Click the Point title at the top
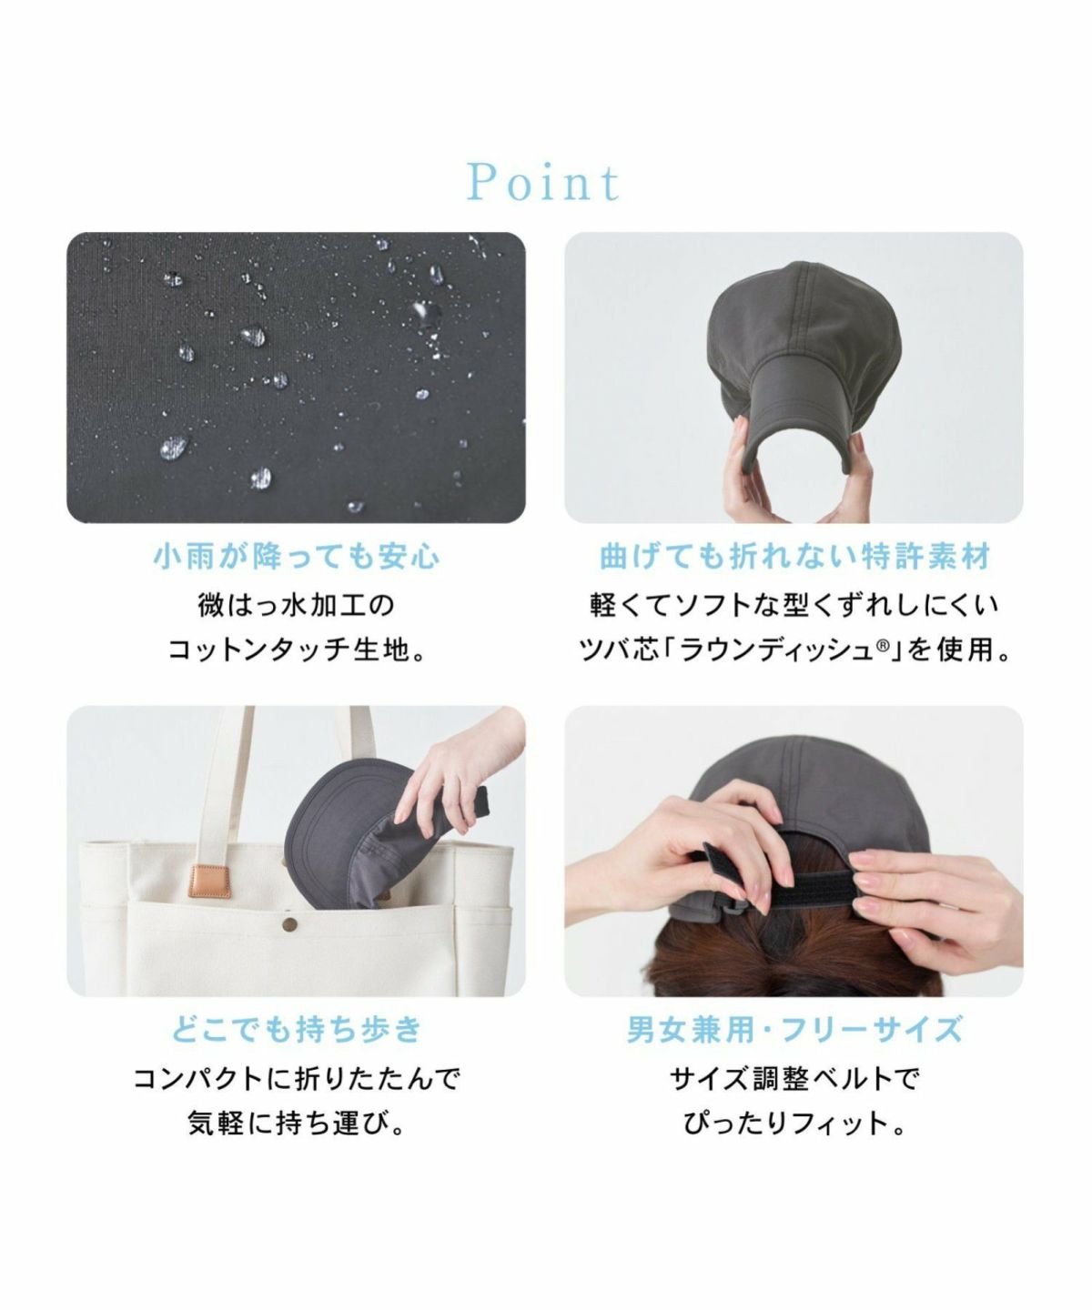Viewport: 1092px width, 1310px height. coord(544,183)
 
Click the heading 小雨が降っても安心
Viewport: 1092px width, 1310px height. coord(297,557)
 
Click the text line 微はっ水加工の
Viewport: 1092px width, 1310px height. coord(297,606)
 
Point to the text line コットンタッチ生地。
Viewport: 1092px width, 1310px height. coord(297,650)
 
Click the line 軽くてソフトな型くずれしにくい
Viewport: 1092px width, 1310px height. coord(794,606)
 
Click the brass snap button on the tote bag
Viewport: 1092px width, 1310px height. coord(290,922)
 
